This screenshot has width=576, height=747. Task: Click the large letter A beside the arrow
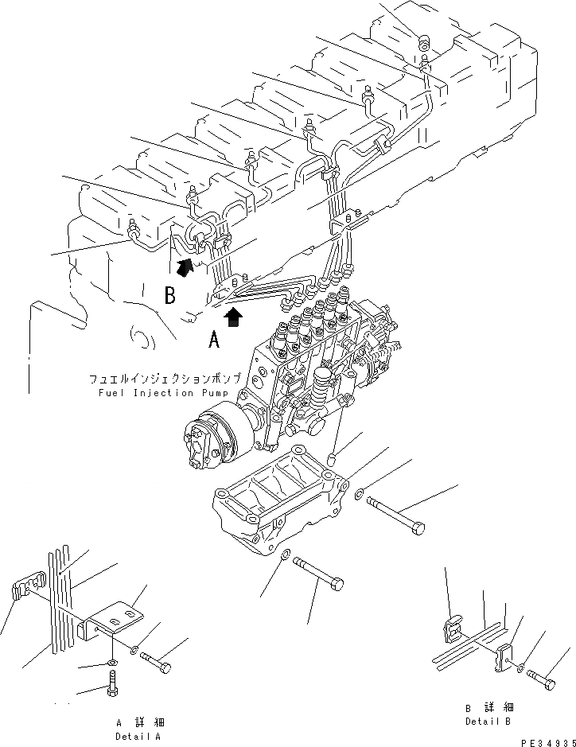[213, 341]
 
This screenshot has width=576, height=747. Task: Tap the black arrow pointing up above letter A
[232, 317]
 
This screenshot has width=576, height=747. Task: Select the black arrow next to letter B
[185, 268]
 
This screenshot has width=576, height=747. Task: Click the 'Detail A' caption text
[138, 737]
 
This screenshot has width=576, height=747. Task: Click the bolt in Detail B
[543, 680]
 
